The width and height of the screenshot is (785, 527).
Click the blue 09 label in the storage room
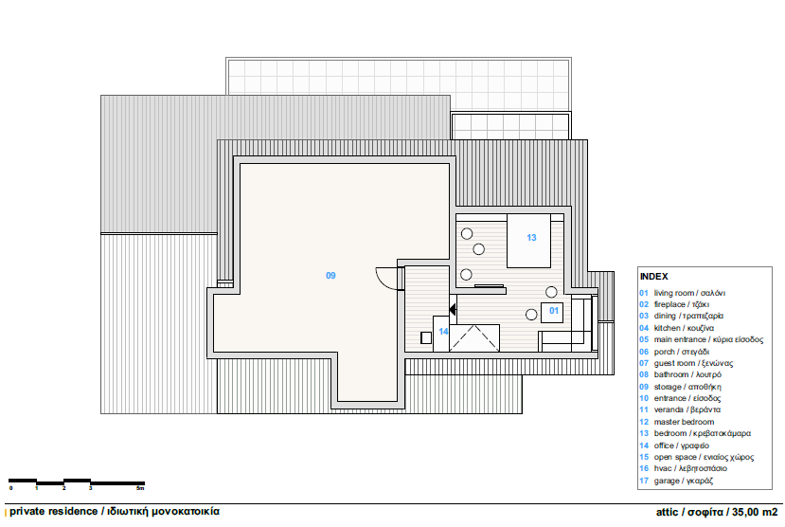pyautogui.click(x=330, y=276)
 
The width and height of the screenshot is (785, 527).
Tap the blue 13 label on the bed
pyautogui.click(x=531, y=238)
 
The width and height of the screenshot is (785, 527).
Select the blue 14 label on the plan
pyautogui.click(x=443, y=331)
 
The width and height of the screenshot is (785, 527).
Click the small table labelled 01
pyautogui.click(x=552, y=313)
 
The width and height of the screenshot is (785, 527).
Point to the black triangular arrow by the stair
pyautogui.click(x=453, y=310)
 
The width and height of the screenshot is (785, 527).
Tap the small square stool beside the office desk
pyautogui.click(x=426, y=337)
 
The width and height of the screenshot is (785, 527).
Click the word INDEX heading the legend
pyautogui.click(x=653, y=277)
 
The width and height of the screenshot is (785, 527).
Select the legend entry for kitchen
pyautogui.click(x=676, y=328)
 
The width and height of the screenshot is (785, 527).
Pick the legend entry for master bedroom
pyautogui.click(x=676, y=422)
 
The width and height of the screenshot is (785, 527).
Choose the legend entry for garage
pyautogui.click(x=676, y=481)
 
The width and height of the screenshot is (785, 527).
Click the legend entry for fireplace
pyautogui.click(x=674, y=304)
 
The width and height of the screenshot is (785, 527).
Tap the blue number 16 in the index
pyautogui.click(x=644, y=468)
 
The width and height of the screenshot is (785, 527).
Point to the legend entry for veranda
pyautogui.click(x=680, y=409)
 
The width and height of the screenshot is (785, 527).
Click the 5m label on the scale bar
pyautogui.click(x=140, y=488)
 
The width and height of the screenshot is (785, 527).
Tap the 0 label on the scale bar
pyautogui.click(x=10, y=488)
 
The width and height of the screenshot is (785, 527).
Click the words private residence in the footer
pyautogui.click(x=54, y=512)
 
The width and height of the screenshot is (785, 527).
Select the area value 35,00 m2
pyautogui.click(x=755, y=512)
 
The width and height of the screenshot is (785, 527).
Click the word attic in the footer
pyautogui.click(x=667, y=512)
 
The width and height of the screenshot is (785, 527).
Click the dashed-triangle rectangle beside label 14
pyautogui.click(x=474, y=338)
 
